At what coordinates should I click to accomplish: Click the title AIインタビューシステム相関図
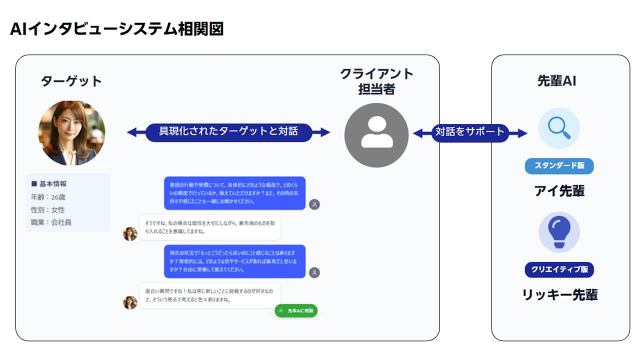(x=116, y=29)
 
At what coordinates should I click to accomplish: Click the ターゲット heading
(x=71, y=81)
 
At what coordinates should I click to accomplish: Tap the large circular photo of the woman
(x=71, y=132)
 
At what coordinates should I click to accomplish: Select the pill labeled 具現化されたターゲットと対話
(x=228, y=132)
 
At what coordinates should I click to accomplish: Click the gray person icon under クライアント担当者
(x=376, y=135)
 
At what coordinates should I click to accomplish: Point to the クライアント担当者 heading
(x=376, y=81)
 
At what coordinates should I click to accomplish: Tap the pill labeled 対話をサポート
(x=470, y=132)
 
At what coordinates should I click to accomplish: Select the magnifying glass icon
(x=559, y=128)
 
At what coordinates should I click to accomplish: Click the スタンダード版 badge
(x=559, y=165)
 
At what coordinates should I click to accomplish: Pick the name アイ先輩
(x=559, y=190)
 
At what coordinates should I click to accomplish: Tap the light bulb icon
(x=559, y=231)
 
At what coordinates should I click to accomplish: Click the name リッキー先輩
(x=559, y=294)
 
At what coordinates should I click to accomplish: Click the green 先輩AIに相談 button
(x=296, y=310)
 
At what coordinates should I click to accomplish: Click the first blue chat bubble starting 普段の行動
(x=234, y=193)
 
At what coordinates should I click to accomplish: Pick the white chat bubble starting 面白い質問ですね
(x=209, y=295)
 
